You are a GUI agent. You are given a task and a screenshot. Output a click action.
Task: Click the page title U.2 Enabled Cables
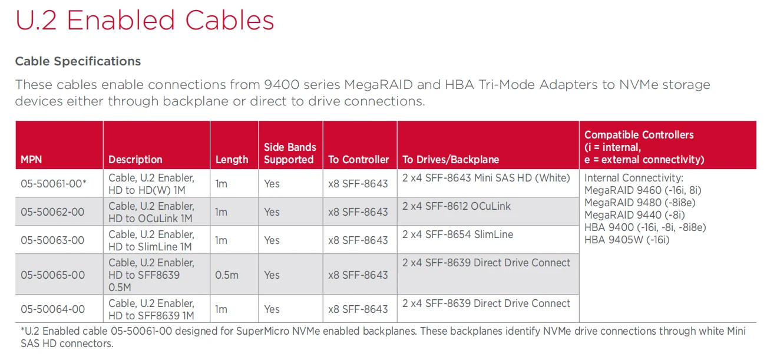(144, 21)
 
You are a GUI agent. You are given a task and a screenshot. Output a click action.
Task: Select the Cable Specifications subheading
(78, 61)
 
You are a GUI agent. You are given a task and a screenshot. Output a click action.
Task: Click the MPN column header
(31, 160)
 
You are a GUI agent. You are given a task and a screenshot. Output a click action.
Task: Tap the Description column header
(135, 160)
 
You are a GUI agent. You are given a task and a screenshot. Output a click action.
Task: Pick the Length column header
(232, 160)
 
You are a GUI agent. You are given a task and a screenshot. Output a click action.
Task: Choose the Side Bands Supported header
(290, 153)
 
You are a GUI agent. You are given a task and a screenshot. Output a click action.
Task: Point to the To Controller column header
(358, 160)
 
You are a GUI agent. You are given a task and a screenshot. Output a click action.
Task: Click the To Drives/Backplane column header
(451, 160)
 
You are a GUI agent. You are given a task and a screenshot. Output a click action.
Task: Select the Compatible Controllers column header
(644, 147)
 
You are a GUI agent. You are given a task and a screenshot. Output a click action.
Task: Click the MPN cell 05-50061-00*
(54, 184)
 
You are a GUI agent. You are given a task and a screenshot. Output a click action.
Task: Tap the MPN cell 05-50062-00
(52, 212)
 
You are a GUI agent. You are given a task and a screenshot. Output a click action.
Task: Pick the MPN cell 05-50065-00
(52, 275)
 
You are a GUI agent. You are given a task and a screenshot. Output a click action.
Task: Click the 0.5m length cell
(227, 275)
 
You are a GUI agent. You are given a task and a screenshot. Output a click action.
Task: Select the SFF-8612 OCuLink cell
(457, 206)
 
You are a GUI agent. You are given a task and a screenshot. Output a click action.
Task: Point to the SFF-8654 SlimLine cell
(458, 235)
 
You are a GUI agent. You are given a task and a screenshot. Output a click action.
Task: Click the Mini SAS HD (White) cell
(486, 177)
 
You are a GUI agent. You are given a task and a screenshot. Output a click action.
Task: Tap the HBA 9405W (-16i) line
(627, 240)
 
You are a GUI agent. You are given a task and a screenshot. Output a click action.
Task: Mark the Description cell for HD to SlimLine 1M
(151, 240)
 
